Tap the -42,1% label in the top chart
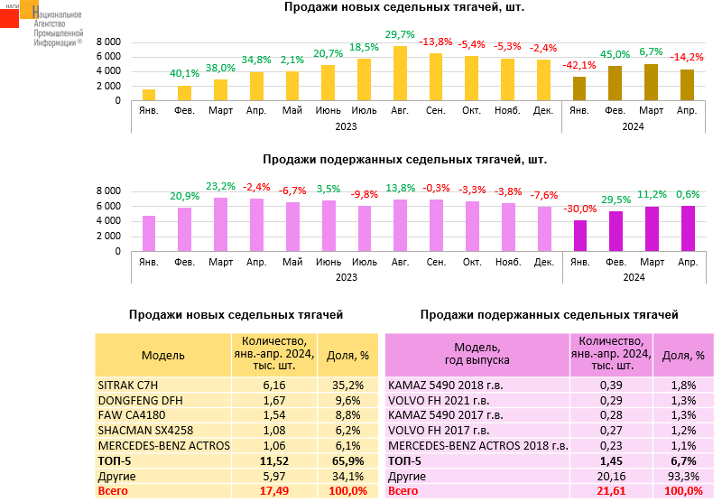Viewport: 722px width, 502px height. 579,64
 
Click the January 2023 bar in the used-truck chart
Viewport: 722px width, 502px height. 149,234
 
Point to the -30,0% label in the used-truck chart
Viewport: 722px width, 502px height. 579,209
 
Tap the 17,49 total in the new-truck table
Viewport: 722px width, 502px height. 274,491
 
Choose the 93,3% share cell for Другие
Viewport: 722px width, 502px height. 681,476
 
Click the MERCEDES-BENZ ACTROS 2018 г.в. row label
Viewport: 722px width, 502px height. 477,445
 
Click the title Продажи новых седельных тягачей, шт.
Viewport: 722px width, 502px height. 404,7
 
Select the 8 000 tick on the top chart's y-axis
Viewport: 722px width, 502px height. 108,42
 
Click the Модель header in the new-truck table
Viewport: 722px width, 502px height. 163,357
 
